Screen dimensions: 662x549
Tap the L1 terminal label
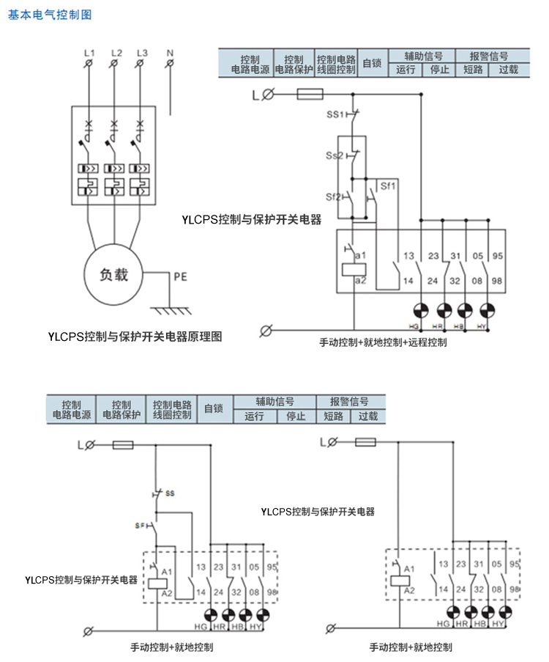click(89, 53)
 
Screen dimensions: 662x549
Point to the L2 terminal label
click(116, 53)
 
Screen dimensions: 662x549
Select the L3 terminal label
click(142, 53)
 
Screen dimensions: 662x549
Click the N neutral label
click(170, 53)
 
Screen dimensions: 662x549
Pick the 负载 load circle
click(113, 276)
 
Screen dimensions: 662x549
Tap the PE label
click(180, 277)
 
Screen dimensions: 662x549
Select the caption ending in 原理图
click(134, 337)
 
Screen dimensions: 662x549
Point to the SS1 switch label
click(335, 115)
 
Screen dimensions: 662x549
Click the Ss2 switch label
click(335, 155)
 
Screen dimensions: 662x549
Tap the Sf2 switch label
click(335, 196)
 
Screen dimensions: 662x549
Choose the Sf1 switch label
click(388, 186)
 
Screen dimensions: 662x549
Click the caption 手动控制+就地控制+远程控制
click(383, 342)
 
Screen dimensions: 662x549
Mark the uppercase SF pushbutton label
click(141, 526)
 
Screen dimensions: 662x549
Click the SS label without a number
click(170, 493)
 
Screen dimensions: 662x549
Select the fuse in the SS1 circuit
click(310, 94)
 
